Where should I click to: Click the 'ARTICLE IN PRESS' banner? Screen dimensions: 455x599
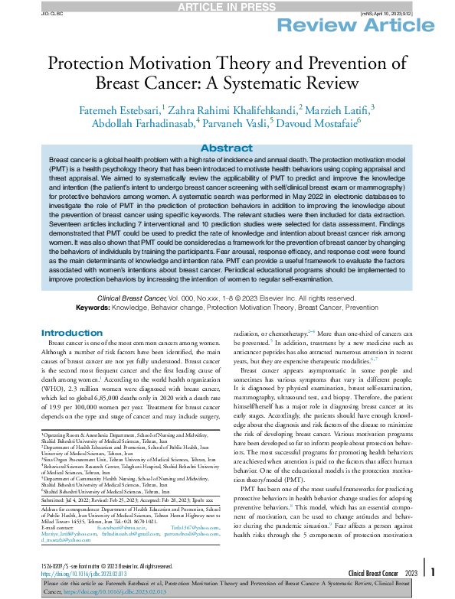coord(227,7)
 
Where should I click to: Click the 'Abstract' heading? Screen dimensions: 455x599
coord(227,148)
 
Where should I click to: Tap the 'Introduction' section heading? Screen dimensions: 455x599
coord(71,333)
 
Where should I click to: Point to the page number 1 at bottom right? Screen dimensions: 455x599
coord(433,571)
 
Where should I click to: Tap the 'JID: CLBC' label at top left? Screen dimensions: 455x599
coord(31,12)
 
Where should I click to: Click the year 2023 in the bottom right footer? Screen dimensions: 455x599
coord(410,572)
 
